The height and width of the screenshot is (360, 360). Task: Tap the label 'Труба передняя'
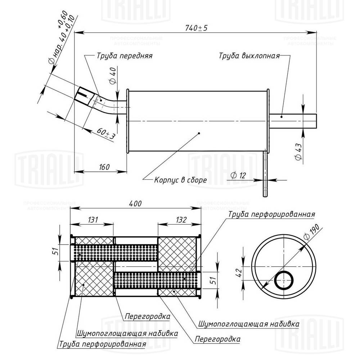pos(125,56)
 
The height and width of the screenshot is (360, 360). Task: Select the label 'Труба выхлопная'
pos(249,56)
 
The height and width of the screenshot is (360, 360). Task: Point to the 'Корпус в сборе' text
pos(180,180)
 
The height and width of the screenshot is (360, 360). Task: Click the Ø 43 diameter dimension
pos(297,151)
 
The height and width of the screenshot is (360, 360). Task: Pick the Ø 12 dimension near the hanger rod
pos(238,175)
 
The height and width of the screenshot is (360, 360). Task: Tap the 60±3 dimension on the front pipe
pos(106,136)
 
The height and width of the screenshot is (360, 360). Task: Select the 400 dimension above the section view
pos(135,204)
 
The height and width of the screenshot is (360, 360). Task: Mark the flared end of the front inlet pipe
pos(84,95)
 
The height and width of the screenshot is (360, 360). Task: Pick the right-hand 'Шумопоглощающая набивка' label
pos(248,323)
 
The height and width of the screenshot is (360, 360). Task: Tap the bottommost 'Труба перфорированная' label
pos(101,344)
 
